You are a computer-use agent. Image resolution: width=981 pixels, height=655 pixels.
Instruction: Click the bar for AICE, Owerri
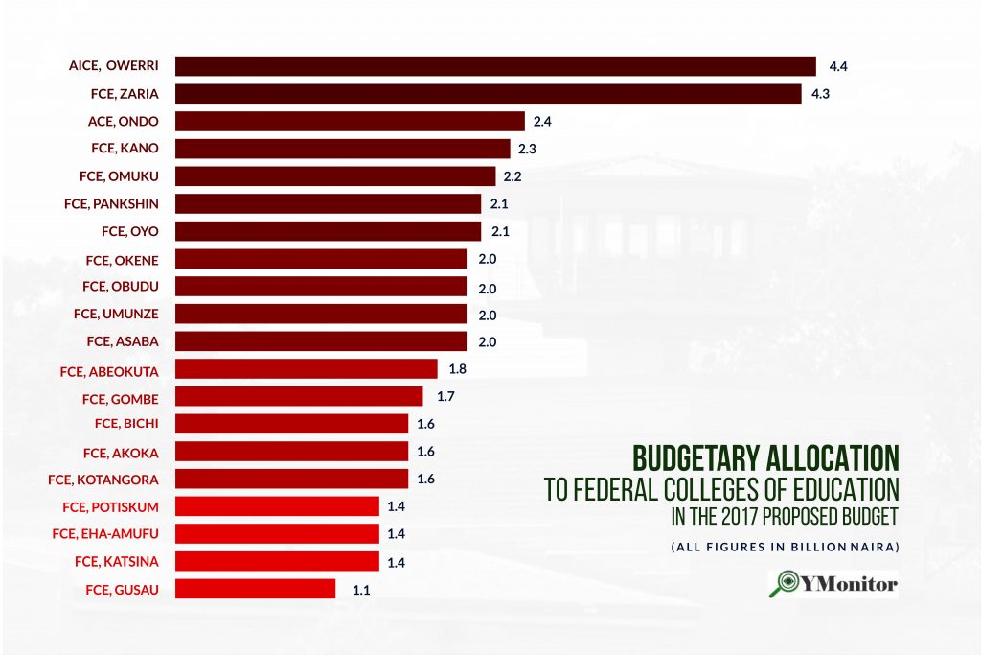point(495,66)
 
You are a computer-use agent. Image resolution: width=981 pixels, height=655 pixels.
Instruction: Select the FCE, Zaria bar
point(488,94)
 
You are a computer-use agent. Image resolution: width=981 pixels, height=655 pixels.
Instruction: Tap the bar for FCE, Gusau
point(255,589)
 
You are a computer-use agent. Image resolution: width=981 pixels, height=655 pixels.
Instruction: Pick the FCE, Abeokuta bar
point(306,368)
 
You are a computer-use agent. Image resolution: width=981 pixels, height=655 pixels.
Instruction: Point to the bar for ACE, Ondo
point(350,121)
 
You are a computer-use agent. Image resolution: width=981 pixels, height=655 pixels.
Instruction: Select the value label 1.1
point(361,590)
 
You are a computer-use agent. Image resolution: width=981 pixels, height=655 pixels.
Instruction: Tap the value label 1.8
point(457,368)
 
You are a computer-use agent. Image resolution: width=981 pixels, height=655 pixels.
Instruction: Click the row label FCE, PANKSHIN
point(111,203)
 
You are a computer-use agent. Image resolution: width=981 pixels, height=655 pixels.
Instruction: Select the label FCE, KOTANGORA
point(103,479)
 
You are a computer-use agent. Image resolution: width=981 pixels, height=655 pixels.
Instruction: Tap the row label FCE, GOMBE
point(121,397)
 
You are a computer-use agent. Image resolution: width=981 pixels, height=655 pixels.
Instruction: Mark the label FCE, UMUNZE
point(116,314)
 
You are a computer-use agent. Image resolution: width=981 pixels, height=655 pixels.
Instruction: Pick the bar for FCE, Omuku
point(335,176)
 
